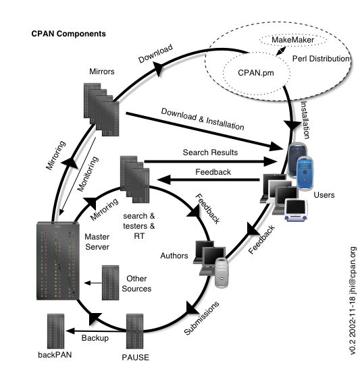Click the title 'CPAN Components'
pos(68,32)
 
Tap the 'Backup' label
pos(95,337)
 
